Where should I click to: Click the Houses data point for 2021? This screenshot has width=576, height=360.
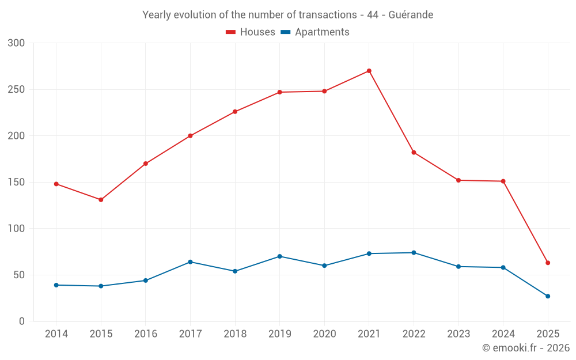pyautogui.click(x=369, y=71)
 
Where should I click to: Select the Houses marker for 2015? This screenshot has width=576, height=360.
pyautogui.click(x=101, y=200)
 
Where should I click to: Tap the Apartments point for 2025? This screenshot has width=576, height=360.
pyautogui.click(x=548, y=296)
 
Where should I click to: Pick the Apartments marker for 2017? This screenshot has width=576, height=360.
pyautogui.click(x=190, y=262)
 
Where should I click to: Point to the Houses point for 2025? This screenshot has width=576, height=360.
pyautogui.click(x=548, y=263)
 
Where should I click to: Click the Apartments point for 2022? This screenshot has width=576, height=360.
pyautogui.click(x=414, y=253)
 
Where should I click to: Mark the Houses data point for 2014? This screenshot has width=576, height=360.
pyautogui.click(x=56, y=184)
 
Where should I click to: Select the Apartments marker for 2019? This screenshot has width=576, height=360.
pyautogui.click(x=279, y=256)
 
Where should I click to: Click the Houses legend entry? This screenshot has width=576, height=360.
pyautogui.click(x=251, y=32)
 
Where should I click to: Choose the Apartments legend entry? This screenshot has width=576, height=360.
pyautogui.click(x=315, y=32)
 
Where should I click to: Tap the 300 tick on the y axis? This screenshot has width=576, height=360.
pyautogui.click(x=17, y=43)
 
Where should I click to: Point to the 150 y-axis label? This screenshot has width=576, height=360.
pyautogui.click(x=17, y=183)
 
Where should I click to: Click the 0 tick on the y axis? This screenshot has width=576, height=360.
pyautogui.click(x=22, y=321)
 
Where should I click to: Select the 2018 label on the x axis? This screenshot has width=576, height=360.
pyautogui.click(x=235, y=334)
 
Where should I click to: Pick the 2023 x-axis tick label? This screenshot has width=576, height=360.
pyautogui.click(x=458, y=334)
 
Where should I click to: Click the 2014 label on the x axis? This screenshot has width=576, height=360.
pyautogui.click(x=56, y=334)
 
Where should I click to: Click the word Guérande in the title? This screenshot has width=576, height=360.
pyautogui.click(x=411, y=14)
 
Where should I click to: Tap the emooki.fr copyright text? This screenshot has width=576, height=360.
pyautogui.click(x=526, y=348)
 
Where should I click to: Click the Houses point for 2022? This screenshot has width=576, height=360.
pyautogui.click(x=414, y=153)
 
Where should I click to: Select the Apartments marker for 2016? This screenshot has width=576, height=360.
pyautogui.click(x=146, y=281)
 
